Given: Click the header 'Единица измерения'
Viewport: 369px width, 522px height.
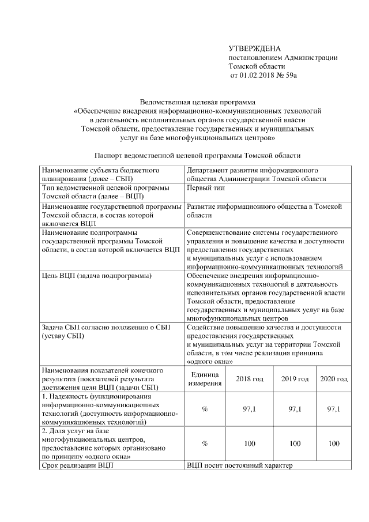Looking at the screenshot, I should click(x=205, y=379).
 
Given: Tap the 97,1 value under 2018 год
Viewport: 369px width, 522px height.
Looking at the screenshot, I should click(x=249, y=409).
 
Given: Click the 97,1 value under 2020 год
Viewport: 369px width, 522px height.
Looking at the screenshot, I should click(x=333, y=409).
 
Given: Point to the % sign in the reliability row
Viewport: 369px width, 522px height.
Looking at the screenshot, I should click(x=205, y=409).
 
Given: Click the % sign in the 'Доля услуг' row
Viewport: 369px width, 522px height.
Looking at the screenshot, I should click(x=205, y=444).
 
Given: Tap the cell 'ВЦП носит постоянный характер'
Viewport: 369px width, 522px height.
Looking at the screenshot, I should click(x=240, y=465).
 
